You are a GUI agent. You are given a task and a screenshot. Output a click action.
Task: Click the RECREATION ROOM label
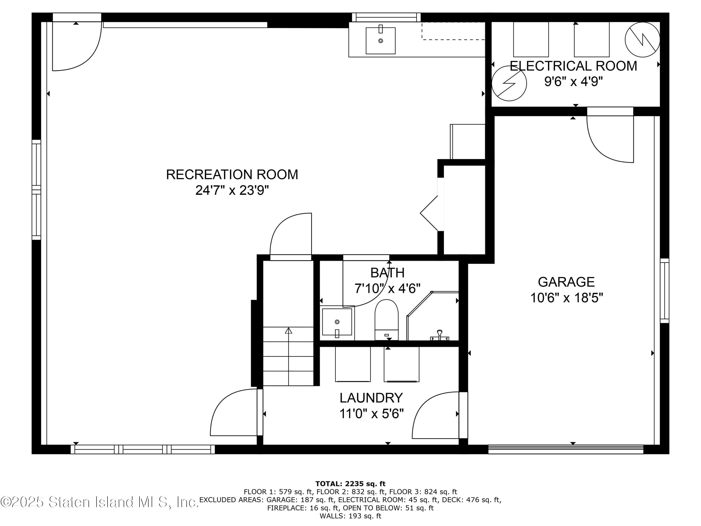(x=232, y=175)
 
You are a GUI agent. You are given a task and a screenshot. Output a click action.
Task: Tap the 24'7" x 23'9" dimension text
(x=232, y=191)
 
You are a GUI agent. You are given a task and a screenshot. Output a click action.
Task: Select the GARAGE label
(x=566, y=282)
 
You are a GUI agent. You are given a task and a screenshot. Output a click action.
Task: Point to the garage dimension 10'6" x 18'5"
(x=566, y=298)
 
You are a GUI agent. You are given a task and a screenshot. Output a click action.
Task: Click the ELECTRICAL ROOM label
(x=573, y=66)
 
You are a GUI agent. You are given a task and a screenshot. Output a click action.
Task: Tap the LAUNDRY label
(x=371, y=398)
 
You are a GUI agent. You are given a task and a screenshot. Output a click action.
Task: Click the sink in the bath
(x=337, y=322)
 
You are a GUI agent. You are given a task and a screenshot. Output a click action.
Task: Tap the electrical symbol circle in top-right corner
(x=642, y=40)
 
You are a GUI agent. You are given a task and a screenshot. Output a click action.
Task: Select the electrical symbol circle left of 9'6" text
(x=509, y=83)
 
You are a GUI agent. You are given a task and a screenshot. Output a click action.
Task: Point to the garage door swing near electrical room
(x=610, y=140)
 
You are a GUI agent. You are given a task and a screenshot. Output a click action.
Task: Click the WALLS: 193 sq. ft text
(x=350, y=516)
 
